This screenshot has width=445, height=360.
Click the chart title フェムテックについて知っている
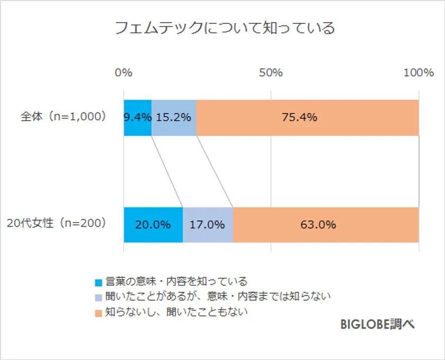(x=225, y=28)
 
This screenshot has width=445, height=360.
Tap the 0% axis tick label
(x=123, y=73)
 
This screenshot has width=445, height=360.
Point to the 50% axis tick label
(x=271, y=73)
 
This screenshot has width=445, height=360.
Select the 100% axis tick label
(x=419, y=73)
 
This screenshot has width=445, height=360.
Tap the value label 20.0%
(x=153, y=225)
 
